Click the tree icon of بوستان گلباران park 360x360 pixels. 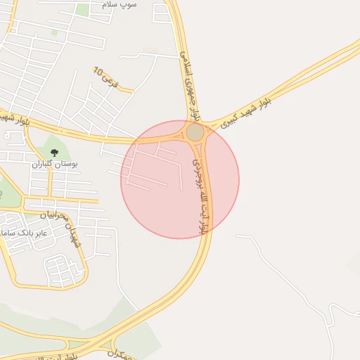coord(54,153)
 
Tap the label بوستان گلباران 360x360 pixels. coord(54,163)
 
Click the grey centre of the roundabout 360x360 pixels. coord(195,132)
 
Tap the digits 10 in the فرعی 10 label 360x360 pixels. coord(98,72)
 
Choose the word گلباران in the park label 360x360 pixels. coord(43,163)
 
